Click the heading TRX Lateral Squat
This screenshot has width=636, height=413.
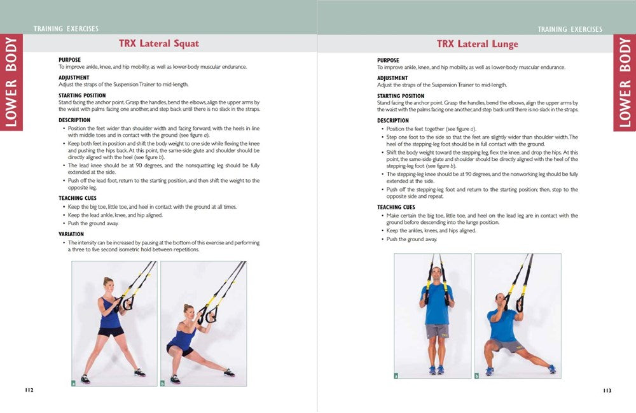[158, 44]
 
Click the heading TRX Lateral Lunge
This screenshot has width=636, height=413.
[477, 44]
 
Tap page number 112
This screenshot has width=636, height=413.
[29, 390]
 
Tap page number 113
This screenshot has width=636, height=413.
[607, 390]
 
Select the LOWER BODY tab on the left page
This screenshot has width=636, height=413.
[11, 82]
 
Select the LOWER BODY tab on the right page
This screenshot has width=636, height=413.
[625, 82]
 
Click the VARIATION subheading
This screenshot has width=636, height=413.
[71, 234]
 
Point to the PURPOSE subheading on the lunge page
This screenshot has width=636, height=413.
[388, 60]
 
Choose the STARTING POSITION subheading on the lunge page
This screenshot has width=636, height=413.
[400, 95]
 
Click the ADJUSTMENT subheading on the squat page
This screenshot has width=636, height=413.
[74, 78]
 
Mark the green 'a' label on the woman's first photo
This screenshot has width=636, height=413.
[74, 383]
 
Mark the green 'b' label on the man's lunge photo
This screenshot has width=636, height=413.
[477, 375]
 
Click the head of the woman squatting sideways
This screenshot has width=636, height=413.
[189, 311]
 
